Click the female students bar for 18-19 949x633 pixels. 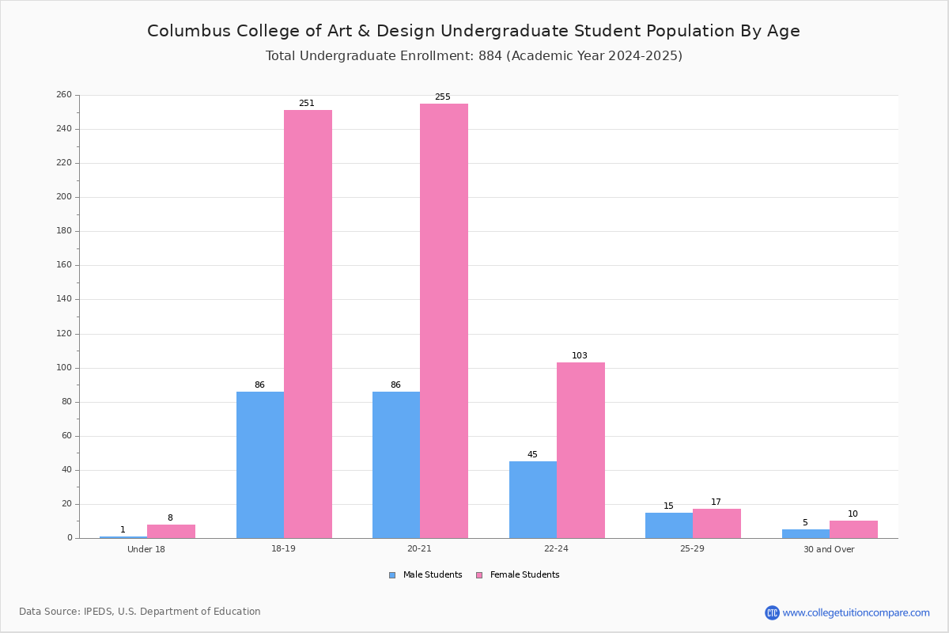(x=308, y=324)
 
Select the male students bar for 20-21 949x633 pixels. (x=396, y=464)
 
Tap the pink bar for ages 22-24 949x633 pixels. (x=580, y=450)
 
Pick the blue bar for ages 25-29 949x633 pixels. (x=669, y=525)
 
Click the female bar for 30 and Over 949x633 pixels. (x=853, y=529)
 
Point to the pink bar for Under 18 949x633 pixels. (x=171, y=531)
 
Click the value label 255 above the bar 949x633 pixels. (x=443, y=97)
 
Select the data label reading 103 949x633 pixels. (x=580, y=356)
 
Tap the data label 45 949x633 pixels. (x=532, y=454)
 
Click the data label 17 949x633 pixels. (x=716, y=502)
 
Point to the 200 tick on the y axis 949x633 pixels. (x=64, y=197)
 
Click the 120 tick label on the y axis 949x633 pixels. (x=64, y=334)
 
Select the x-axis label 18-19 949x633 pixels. (x=283, y=548)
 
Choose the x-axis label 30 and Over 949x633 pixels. (x=829, y=549)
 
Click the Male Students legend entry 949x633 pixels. (x=425, y=575)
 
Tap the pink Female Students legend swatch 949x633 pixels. (x=479, y=575)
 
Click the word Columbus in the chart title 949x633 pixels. (x=189, y=31)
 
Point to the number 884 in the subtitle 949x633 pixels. (x=490, y=56)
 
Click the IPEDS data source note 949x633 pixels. (x=140, y=612)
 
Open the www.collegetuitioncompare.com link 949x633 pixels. (x=856, y=612)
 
